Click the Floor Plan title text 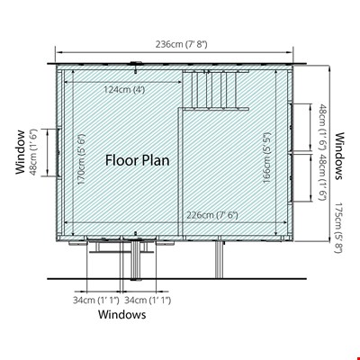(x=138, y=160)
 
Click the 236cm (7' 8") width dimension (x=181, y=44)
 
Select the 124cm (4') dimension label (x=124, y=89)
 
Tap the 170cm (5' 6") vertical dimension (x=81, y=159)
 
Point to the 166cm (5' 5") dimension (x=266, y=158)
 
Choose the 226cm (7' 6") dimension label (x=212, y=215)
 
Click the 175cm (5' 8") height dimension (x=338, y=228)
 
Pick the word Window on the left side (x=21, y=152)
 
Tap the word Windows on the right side (x=339, y=156)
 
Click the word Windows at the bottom (x=122, y=314)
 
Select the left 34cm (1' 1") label (x=96, y=300)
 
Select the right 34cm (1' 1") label (x=148, y=300)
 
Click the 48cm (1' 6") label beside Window (x=32, y=152)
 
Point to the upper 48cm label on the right (x=322, y=127)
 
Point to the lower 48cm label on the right (x=322, y=177)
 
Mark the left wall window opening (x=59, y=152)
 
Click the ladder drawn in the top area (x=216, y=90)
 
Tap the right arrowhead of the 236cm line (x=290, y=52)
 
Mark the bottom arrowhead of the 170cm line (x=73, y=233)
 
